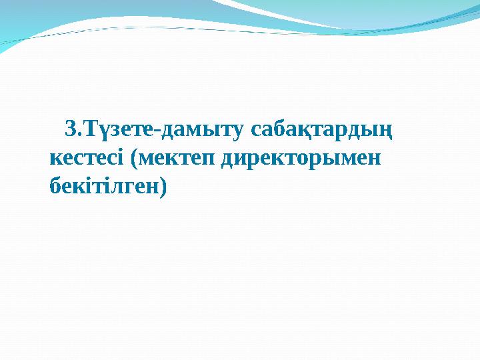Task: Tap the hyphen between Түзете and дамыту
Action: (156, 129)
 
